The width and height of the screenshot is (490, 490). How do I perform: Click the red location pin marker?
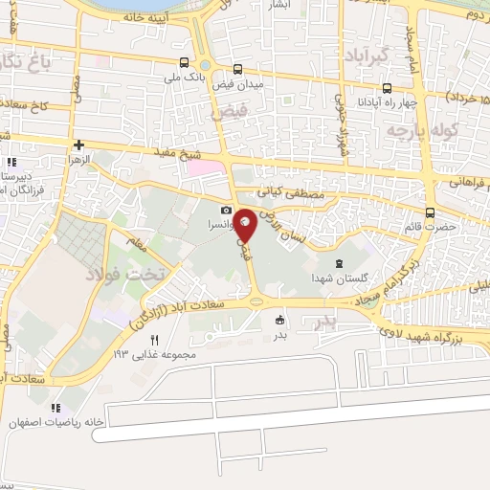tap(245, 223)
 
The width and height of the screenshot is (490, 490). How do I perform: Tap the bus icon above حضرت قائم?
tap(430, 212)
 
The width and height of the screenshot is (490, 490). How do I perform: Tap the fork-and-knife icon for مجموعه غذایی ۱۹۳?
tap(154, 339)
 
